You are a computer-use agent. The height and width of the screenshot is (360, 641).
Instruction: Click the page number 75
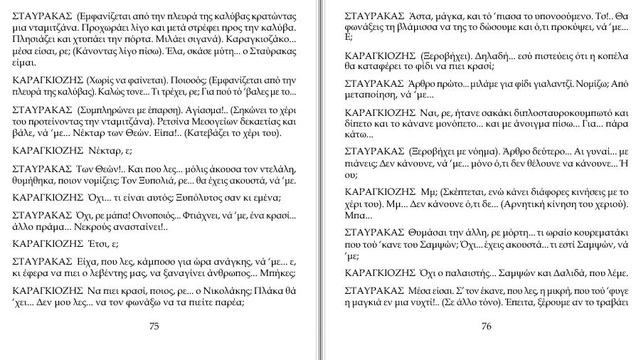154,327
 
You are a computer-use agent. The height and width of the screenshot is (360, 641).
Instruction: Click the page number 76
487,327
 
